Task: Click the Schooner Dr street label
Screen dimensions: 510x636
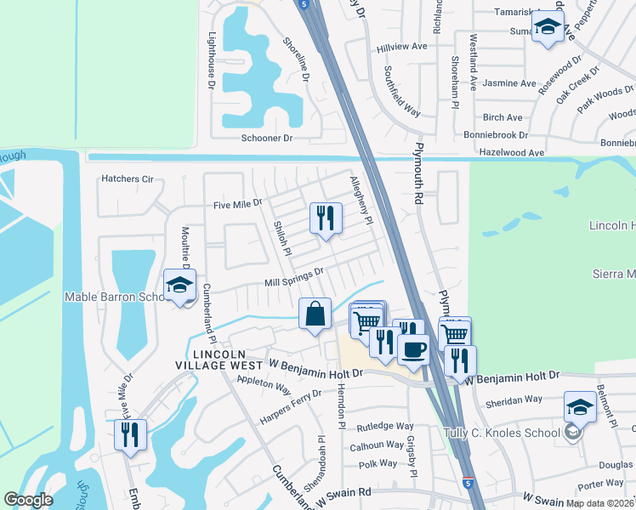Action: (x=266, y=138)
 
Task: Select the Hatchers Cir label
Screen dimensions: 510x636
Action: (x=127, y=179)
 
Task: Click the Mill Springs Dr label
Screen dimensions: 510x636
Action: (x=295, y=277)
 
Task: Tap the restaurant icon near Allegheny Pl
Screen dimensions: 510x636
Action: (x=325, y=219)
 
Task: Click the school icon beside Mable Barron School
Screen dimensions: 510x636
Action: (x=179, y=286)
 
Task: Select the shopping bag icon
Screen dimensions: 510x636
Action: (x=315, y=314)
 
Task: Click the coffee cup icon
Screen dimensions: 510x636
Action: (x=413, y=349)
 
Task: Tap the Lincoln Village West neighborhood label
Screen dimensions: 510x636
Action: (x=219, y=360)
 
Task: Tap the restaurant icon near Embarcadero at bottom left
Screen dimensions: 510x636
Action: (x=130, y=435)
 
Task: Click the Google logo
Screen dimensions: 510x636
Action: (x=28, y=500)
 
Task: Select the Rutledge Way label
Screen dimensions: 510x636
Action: (x=384, y=427)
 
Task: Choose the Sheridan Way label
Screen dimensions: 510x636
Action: (x=514, y=399)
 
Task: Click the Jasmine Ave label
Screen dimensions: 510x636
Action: (x=509, y=83)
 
